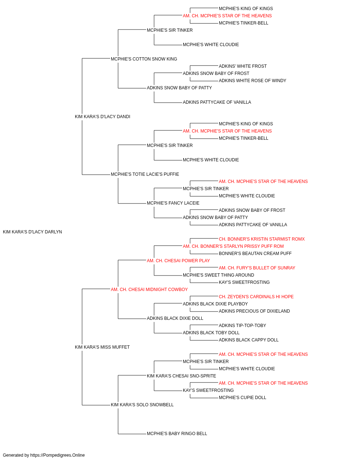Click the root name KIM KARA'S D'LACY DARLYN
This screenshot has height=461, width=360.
pos(32,232)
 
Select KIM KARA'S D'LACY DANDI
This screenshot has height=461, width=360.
pos(102,117)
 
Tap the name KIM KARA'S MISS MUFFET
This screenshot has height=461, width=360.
pos(102,347)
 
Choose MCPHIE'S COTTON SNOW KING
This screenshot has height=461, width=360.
pos(144,59)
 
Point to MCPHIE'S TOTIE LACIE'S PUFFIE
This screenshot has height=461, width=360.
pos(145,174)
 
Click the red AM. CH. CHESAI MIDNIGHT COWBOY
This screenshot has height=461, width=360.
pos(149,290)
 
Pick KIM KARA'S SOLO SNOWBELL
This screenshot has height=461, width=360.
pos(142,405)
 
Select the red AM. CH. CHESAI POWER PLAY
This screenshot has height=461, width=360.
pos(178,261)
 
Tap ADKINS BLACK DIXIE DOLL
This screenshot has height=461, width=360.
pos(175,318)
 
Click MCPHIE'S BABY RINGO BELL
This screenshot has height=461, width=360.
pos(177,434)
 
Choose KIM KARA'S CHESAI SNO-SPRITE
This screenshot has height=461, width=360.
pos(181,376)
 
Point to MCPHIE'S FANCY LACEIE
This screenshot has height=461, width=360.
pos(173,203)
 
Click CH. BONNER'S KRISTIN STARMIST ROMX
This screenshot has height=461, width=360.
pos(262,239)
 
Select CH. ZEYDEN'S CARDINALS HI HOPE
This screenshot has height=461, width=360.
pos(256,297)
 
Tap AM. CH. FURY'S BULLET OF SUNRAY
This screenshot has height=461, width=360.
pos(257,268)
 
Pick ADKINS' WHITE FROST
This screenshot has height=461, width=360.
pos(243,66)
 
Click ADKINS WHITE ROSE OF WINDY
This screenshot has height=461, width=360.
pos(252,81)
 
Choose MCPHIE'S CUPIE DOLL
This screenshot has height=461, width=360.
pos(242,398)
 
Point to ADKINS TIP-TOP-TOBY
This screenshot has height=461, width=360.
pos(242,326)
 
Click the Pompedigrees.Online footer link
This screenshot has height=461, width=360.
pos(58,455)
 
